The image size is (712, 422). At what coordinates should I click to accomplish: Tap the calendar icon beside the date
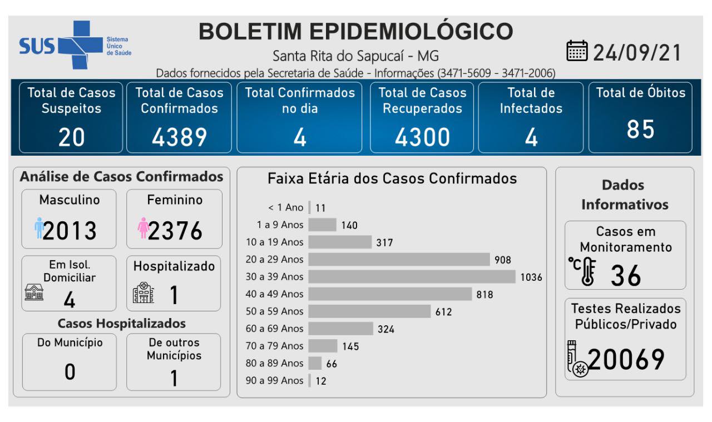pos(577,52)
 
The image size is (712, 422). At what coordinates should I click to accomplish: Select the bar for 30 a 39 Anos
pos(412,276)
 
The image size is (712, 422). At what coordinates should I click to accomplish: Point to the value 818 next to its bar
pos(484,294)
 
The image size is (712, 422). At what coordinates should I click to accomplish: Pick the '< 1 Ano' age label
pos(286,207)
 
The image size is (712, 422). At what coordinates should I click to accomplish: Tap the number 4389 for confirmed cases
pos(179,137)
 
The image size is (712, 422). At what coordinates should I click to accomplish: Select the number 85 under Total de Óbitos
pos(640,130)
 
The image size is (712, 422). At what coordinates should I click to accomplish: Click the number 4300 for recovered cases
pos(422,137)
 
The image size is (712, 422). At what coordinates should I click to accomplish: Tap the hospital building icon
pos(144,294)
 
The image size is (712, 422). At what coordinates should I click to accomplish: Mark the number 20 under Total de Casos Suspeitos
pos(71,137)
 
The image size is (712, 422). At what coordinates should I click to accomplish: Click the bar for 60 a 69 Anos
pos(340,329)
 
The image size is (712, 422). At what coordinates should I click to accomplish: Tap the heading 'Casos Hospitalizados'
pos(122,323)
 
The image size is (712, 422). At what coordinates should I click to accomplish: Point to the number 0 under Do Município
pos(70,371)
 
